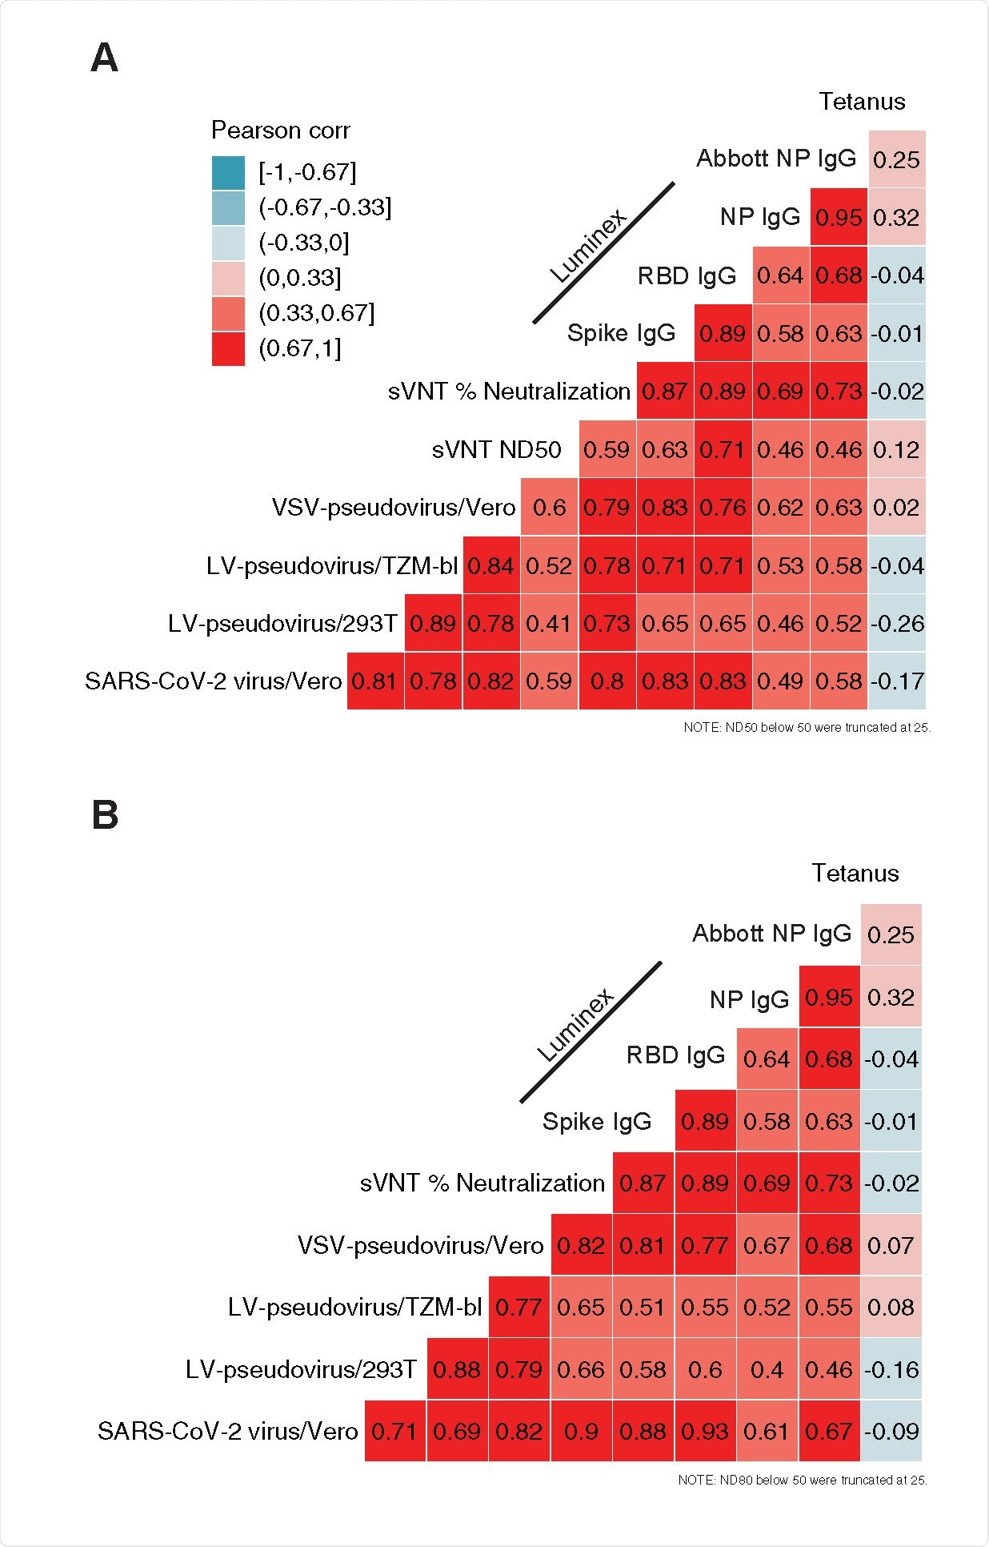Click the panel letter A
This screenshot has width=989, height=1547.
click(104, 58)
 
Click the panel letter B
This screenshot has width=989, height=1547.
click(105, 815)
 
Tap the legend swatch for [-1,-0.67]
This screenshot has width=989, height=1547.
click(228, 172)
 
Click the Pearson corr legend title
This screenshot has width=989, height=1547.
click(280, 130)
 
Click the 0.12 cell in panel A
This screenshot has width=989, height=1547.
click(896, 450)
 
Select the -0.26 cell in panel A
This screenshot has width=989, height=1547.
click(896, 624)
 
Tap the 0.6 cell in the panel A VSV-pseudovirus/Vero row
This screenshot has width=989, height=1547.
click(549, 508)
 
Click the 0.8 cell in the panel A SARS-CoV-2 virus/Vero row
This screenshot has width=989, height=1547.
click(607, 681)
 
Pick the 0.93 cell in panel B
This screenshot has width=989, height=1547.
click(704, 1432)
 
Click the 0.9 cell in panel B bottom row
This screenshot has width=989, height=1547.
click(581, 1432)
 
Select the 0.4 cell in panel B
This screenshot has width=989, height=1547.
click(767, 1370)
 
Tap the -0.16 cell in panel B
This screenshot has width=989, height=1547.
click(891, 1370)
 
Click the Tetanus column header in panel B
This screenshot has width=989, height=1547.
click(855, 873)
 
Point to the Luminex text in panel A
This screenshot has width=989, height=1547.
click(588, 245)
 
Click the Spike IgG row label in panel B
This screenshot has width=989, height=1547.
click(596, 1122)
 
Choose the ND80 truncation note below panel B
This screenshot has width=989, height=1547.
click(802, 1480)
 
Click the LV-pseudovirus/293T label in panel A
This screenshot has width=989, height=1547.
click(282, 624)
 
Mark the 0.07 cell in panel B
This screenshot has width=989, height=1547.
click(891, 1246)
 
